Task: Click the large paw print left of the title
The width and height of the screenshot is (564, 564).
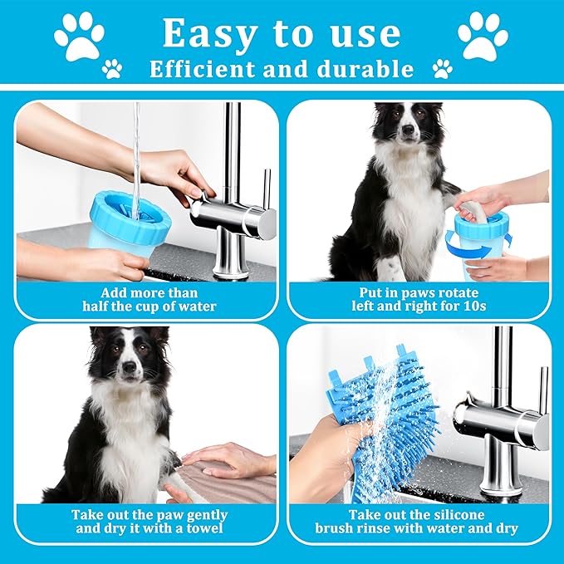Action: [x=79, y=36]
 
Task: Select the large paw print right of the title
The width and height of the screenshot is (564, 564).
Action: [x=483, y=36]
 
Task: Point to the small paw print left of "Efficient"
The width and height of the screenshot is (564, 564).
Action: [x=112, y=69]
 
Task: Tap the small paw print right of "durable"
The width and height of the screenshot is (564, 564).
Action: [x=443, y=69]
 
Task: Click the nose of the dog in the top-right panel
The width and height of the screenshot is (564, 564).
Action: [x=408, y=129]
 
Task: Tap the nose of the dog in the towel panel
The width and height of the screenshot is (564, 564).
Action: [x=129, y=367]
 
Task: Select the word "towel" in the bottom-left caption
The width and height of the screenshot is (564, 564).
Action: [x=204, y=528]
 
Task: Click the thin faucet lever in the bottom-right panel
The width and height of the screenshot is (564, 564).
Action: [x=543, y=390]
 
